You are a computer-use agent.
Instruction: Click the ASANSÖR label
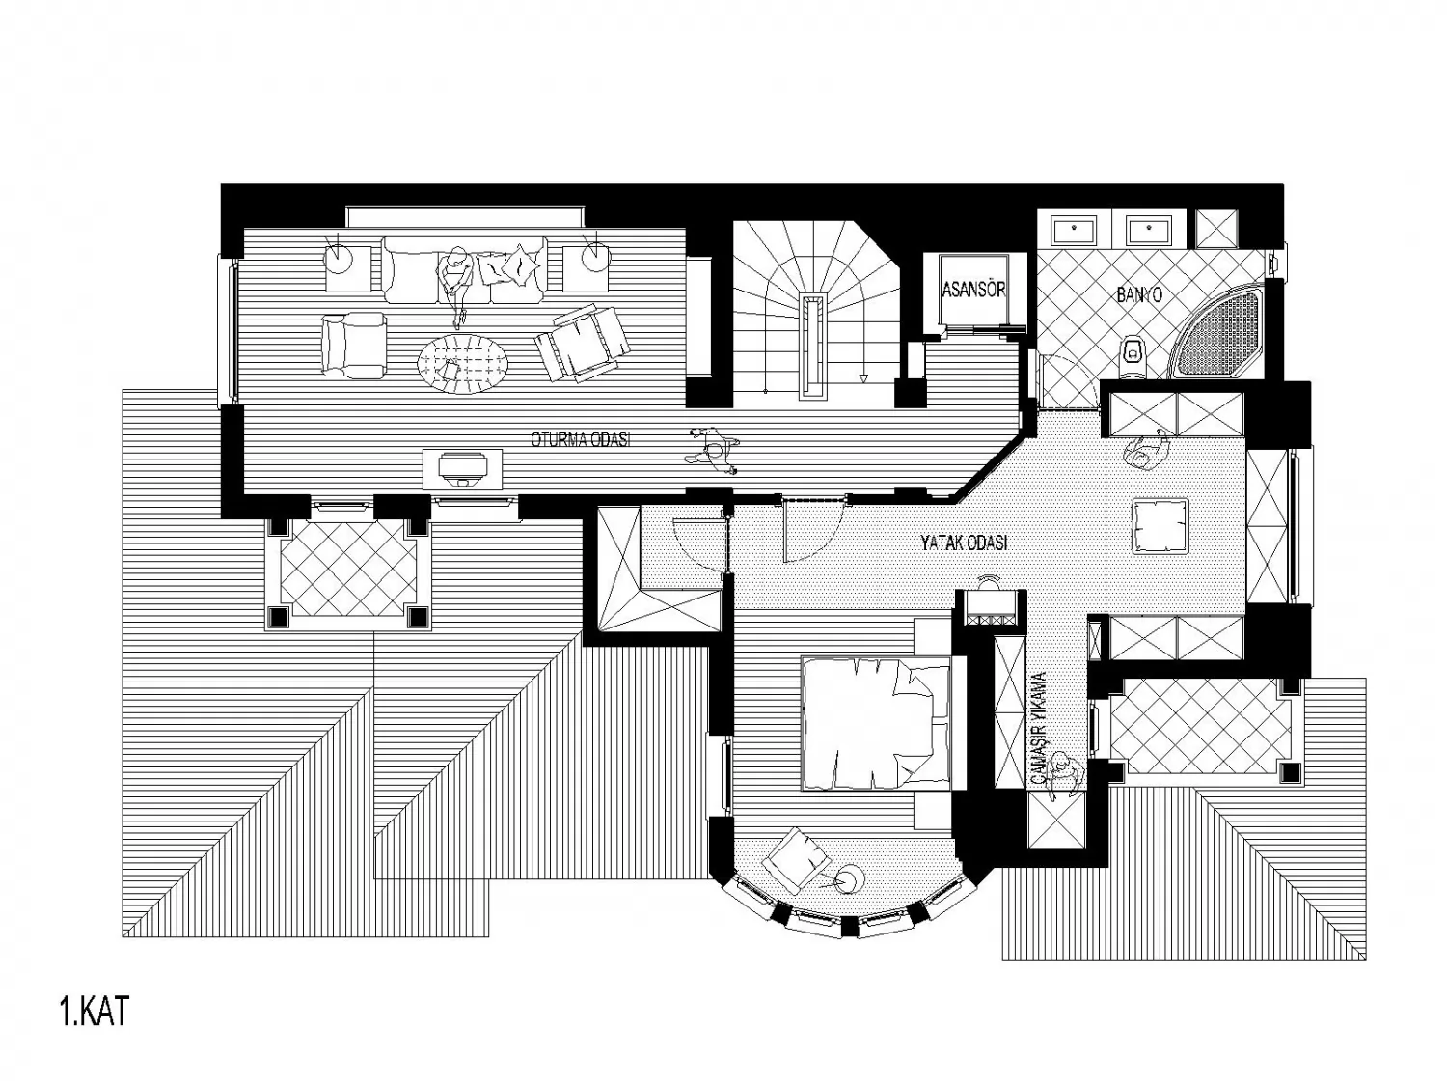(973, 290)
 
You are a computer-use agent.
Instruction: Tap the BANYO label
(1139, 294)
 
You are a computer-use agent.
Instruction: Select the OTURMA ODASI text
(581, 440)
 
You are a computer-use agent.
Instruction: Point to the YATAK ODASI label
(964, 543)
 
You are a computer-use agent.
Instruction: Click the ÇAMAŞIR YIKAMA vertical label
(1038, 728)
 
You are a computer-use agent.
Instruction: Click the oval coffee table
(463, 363)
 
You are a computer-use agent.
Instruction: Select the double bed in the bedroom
(876, 722)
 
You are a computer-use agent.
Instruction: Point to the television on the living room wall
(463, 469)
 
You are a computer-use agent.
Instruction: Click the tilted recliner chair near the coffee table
(582, 343)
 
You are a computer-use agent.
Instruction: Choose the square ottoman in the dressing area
(1160, 525)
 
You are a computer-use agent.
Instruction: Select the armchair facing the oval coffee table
(355, 345)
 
